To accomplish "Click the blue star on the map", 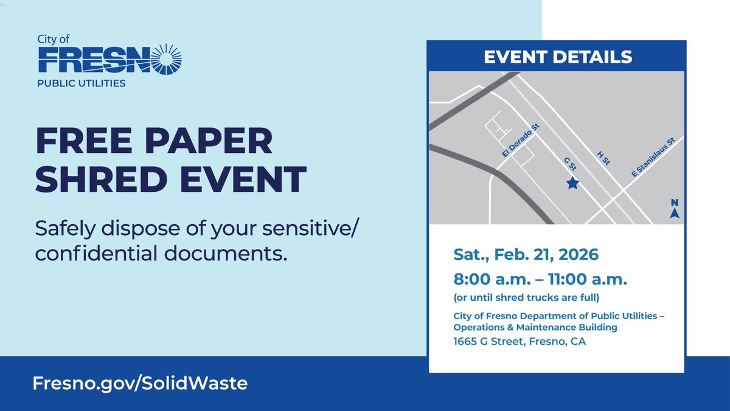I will tap(572, 183).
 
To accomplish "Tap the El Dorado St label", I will tap(521, 141).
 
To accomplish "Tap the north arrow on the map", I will tap(674, 209).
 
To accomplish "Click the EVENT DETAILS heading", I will tap(558, 58).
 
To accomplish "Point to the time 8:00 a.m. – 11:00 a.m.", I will tap(540, 281).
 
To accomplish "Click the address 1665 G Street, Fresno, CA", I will tap(520, 342).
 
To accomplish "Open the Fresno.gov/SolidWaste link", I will tap(140, 384).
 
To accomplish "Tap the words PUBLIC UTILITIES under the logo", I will tap(82, 83).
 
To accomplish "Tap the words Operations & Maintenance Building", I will tap(535, 328).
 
